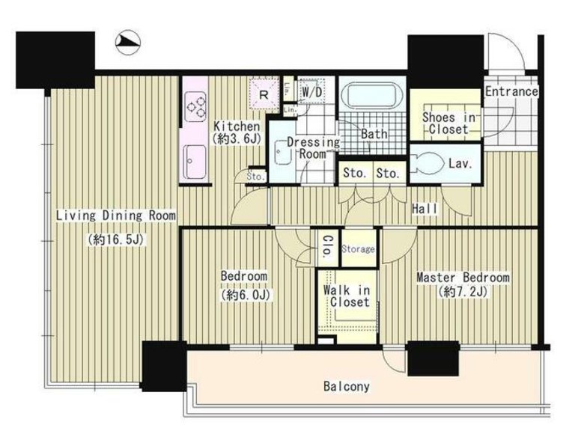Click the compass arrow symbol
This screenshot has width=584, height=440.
128,43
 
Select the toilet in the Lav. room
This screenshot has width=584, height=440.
428,163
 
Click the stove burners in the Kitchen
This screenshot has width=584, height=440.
196,106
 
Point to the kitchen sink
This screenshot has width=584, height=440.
195,162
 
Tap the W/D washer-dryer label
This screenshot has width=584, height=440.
311,92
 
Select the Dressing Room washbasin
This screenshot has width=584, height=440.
282,152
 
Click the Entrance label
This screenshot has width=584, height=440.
511,91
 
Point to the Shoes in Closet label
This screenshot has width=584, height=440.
448,123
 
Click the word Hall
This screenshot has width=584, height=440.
425,210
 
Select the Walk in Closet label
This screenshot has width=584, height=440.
347,296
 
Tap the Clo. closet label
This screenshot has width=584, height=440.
328,246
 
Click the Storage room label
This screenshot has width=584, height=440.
359,249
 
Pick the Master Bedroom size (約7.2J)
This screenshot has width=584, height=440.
463,292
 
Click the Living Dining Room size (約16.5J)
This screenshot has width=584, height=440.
116,239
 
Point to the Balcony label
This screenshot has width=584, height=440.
347,386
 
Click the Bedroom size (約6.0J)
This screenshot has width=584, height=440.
246,295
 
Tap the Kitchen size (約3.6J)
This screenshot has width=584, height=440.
236,139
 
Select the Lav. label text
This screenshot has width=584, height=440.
460,163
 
